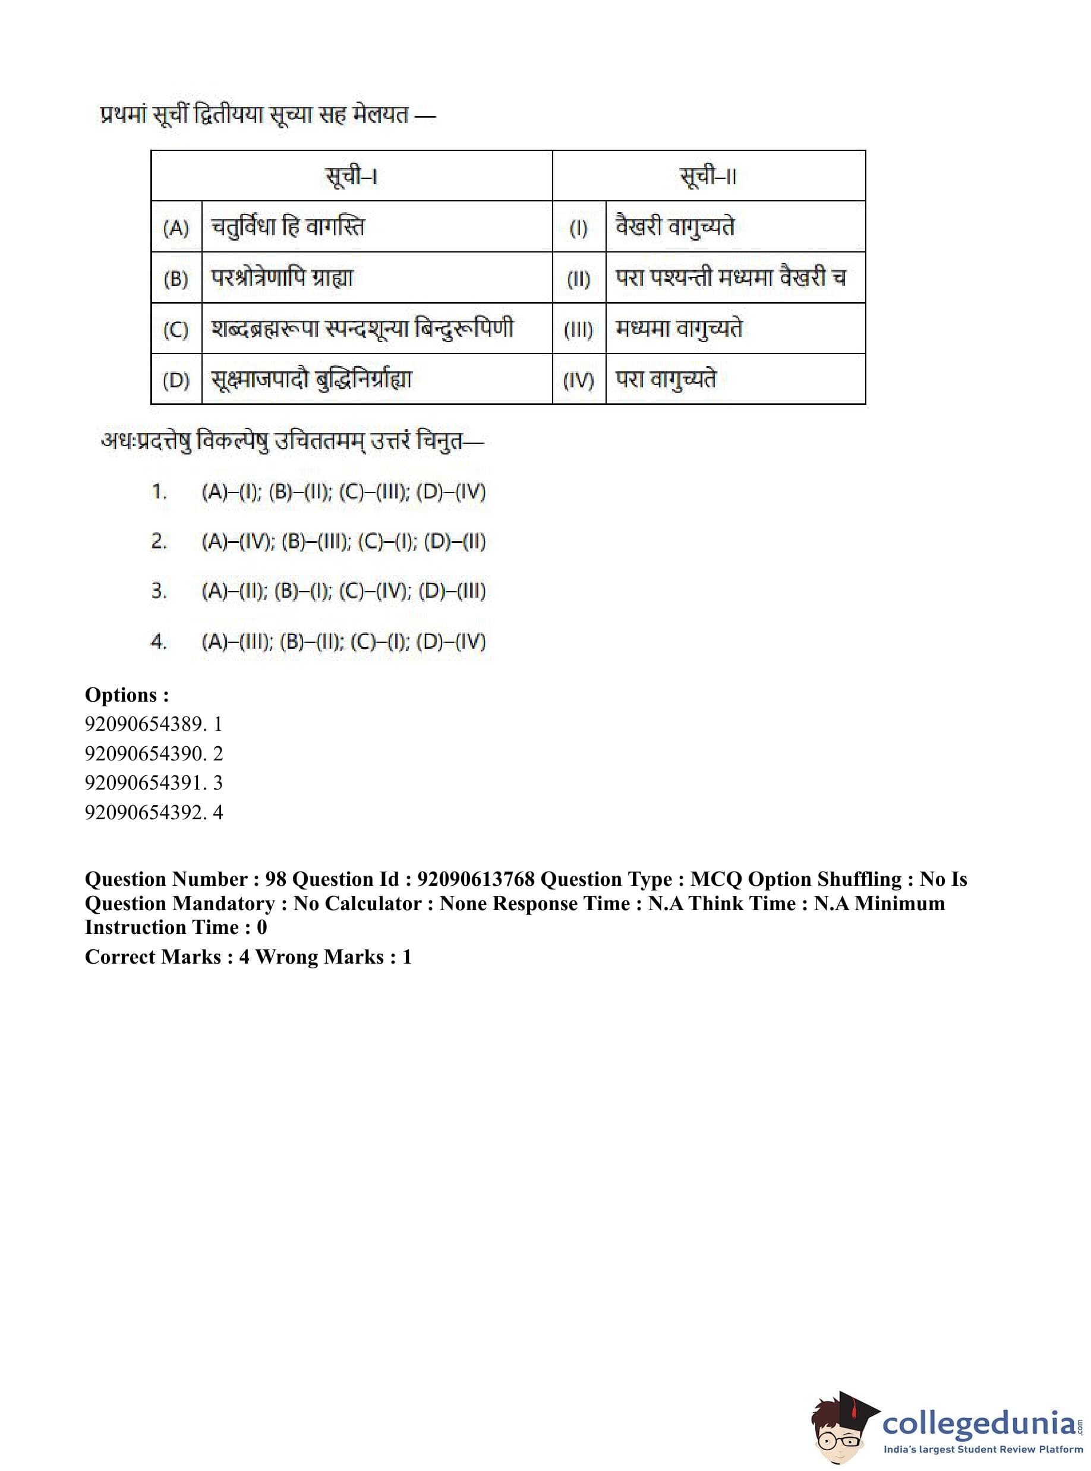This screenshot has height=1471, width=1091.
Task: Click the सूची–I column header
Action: click(351, 176)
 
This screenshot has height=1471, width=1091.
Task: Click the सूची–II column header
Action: click(708, 176)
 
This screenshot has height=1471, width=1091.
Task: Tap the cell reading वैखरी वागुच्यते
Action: click(675, 227)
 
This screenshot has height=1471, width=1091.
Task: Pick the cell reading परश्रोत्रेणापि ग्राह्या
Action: click(282, 278)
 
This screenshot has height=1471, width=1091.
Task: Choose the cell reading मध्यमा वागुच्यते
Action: click(679, 329)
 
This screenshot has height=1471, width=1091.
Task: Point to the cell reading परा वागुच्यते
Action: click(666, 380)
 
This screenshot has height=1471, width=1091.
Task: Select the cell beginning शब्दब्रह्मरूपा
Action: click(362, 329)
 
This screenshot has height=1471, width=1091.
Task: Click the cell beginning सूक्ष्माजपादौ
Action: click(312, 380)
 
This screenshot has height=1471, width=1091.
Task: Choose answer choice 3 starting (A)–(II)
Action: click(343, 591)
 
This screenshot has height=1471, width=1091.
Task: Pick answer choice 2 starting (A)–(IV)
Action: click(343, 541)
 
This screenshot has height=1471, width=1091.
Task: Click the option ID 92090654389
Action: click(144, 724)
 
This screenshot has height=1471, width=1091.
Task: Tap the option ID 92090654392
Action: click(144, 812)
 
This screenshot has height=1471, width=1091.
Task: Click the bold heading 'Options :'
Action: click(127, 695)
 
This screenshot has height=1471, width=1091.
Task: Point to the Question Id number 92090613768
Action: click(476, 879)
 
